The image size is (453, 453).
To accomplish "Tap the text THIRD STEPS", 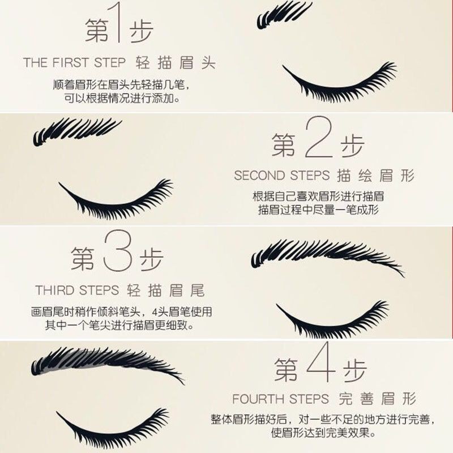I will pyautogui.click(x=77, y=290).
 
